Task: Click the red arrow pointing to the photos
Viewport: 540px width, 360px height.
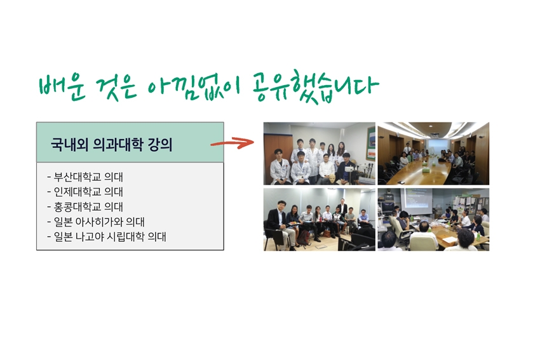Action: pos(232,142)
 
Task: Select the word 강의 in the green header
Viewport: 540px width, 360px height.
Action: pos(160,145)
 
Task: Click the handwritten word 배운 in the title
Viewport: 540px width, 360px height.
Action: pos(62,87)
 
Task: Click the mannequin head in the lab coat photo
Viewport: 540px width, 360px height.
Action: pos(332,179)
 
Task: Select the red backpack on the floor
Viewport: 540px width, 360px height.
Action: pos(303,237)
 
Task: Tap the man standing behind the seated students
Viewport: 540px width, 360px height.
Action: pos(342,207)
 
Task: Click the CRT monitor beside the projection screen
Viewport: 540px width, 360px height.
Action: pos(388,207)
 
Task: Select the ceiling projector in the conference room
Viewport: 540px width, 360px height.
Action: pos(435,134)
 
